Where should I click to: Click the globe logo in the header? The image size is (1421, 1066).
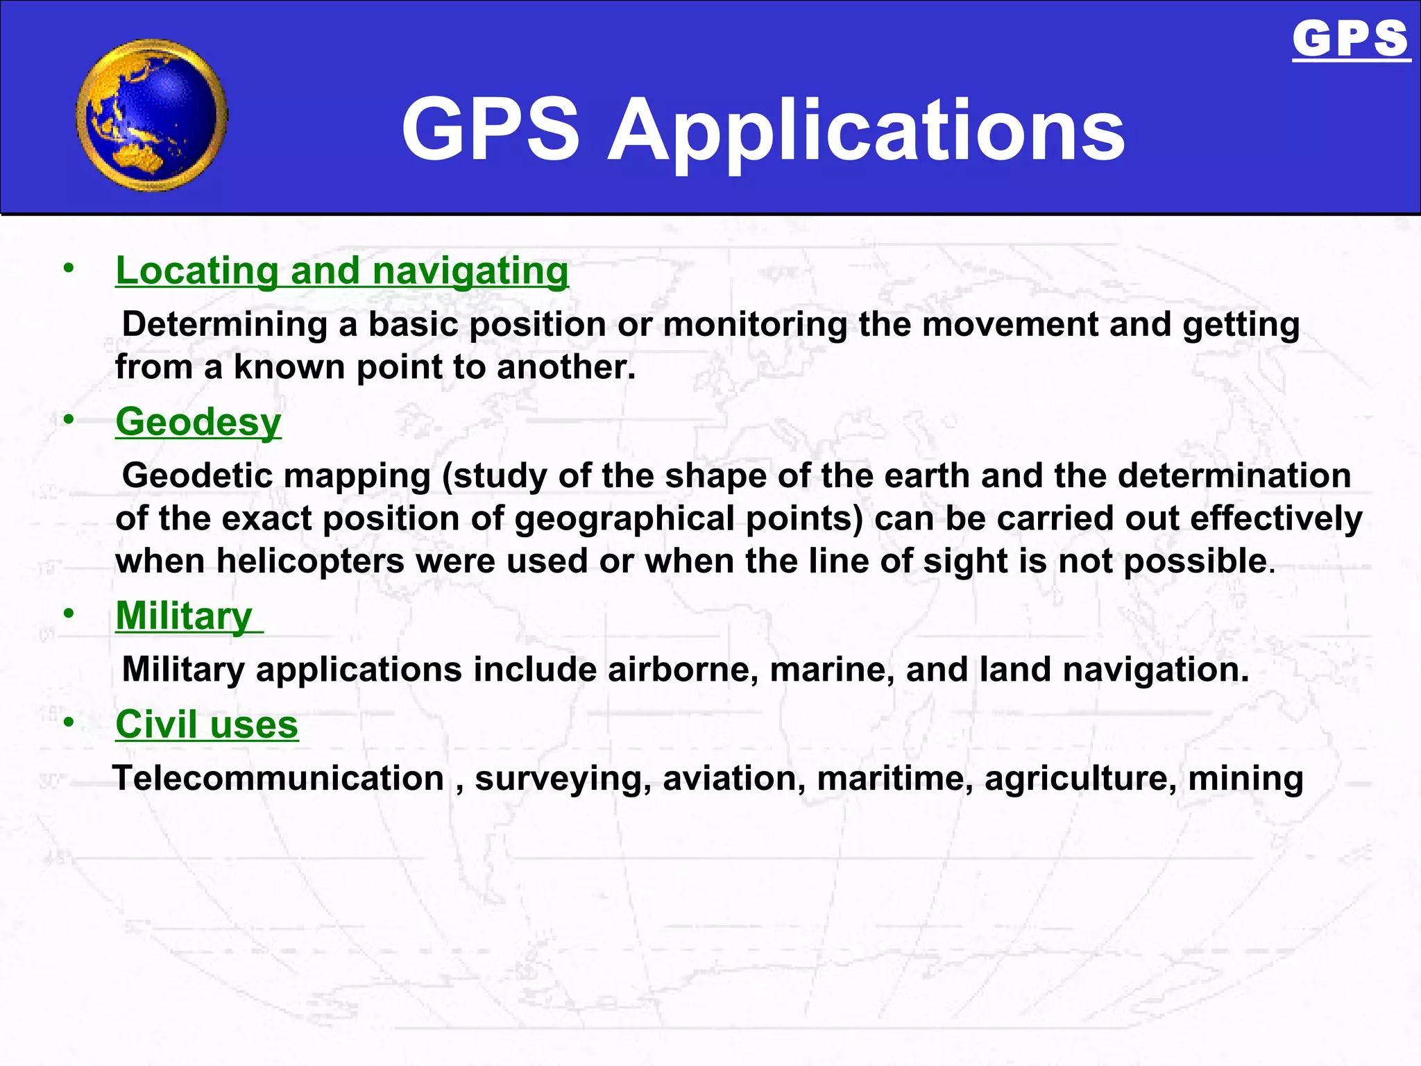click(152, 115)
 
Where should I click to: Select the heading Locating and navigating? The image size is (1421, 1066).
click(342, 270)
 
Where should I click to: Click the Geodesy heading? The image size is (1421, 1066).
click(198, 421)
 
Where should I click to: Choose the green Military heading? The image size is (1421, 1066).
click(184, 616)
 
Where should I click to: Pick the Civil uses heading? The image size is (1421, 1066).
click(207, 724)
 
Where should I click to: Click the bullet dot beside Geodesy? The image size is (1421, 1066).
click(68, 419)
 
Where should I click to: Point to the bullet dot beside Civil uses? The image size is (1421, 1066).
click(68, 722)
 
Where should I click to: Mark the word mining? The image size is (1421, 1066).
click(1245, 778)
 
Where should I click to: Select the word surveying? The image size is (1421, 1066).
click(563, 778)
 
